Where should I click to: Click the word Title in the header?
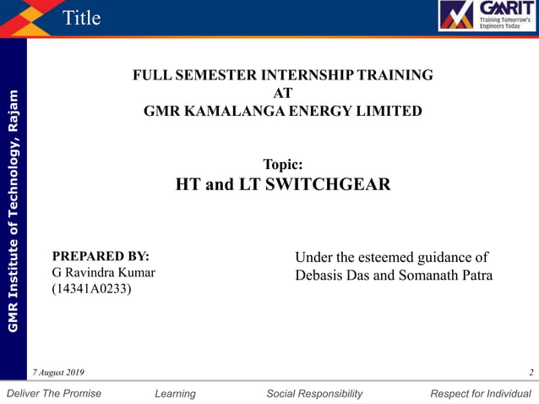pos(82,18)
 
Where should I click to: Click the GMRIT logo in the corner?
pos(486,16)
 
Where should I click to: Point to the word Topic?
pos(283,165)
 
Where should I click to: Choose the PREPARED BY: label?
pos(101,256)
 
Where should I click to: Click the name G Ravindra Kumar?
pos(103,273)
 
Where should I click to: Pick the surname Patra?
pos(474,276)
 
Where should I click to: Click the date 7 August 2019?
pos(58,373)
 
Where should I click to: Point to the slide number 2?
pos(531,373)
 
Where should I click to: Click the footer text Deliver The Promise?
pos(53,393)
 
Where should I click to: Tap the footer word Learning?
pos(176,393)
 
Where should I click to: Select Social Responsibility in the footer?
pos(314,393)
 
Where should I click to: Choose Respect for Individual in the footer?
pos(481,393)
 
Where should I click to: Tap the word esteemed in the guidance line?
pos(393,258)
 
